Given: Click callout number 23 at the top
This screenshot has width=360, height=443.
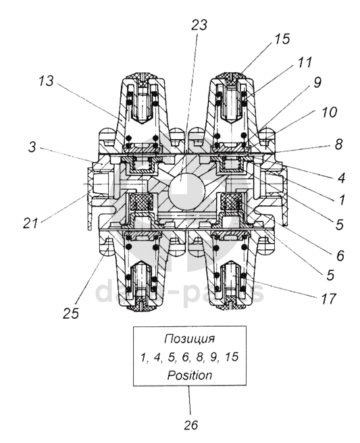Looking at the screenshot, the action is tap(199, 24).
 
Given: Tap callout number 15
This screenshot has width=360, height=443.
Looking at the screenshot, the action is tap(282, 38).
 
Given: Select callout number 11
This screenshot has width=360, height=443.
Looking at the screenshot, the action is tap(303, 62).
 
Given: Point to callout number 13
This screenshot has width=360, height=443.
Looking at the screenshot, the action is tap(46, 81).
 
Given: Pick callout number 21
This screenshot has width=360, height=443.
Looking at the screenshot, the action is tap(30, 224).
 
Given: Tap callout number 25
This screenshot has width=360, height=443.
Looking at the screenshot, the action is tap(71, 313).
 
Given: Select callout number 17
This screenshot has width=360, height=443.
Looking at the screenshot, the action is tap(328, 298).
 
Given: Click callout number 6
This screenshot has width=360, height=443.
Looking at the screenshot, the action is tap(340, 256).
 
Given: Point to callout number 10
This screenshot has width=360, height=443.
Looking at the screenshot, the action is tap(329, 112).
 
